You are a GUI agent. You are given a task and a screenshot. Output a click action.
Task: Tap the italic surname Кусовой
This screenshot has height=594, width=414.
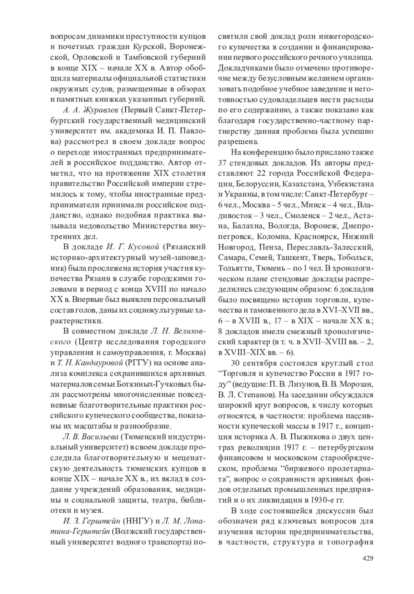(144, 247)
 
